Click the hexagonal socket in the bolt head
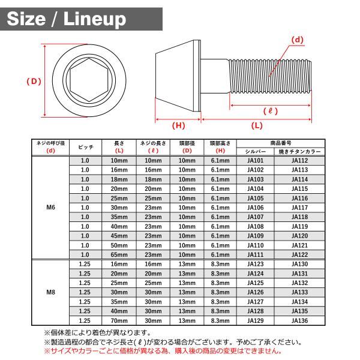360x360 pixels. pyautogui.click(x=89, y=80)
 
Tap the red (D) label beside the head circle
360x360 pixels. pyautogui.click(x=34, y=82)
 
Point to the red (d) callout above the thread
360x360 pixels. pyautogui.click(x=298, y=40)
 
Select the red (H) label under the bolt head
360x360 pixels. pyautogui.click(x=178, y=125)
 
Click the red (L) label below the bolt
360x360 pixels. pyautogui.click(x=257, y=125)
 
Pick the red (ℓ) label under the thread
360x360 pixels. pyautogui.click(x=271, y=111)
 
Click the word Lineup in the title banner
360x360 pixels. pyautogui.click(x=95, y=19)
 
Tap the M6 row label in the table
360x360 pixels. pyautogui.click(x=51, y=208)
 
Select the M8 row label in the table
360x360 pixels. pyautogui.click(x=51, y=292)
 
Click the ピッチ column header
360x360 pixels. pyautogui.click(x=85, y=147)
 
